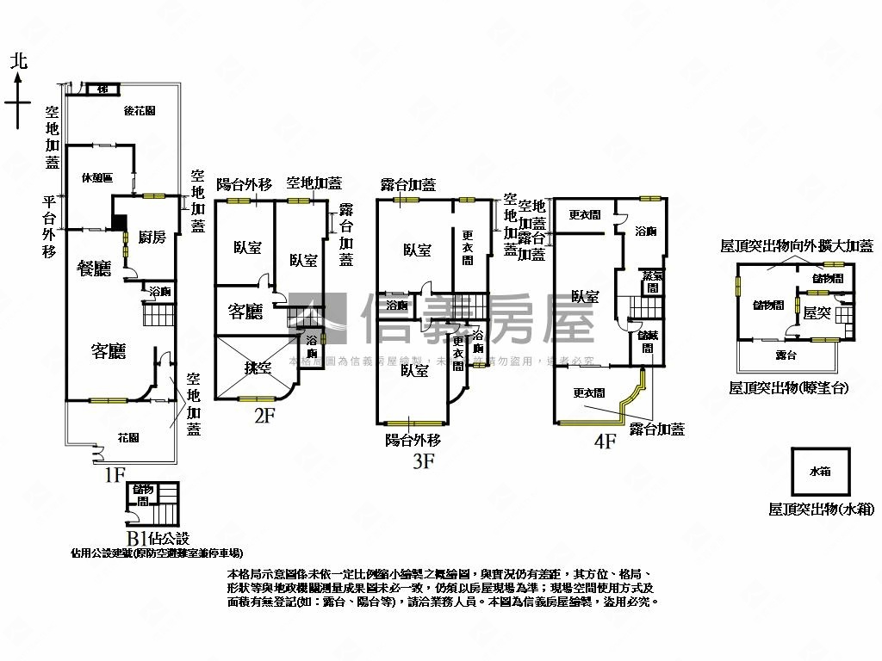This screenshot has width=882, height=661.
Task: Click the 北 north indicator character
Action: pos(18,61)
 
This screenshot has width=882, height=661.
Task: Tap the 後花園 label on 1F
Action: pos(139,111)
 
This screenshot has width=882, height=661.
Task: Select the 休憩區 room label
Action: pos(97,178)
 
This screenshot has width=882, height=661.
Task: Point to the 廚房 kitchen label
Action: pos(152,238)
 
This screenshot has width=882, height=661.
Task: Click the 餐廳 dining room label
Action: pos(95,269)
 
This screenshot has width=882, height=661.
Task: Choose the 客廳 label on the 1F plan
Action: pos(109,350)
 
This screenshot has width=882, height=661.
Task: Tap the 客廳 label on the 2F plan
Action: pos(245,312)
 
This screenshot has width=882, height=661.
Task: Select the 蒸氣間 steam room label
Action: pos(652,281)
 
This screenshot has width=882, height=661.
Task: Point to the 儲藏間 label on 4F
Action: pos(646,343)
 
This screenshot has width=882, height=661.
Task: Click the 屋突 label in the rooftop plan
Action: pos(816,314)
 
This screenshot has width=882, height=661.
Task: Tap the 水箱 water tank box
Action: pos(820,473)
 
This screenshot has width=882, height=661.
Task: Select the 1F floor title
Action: pos(115,473)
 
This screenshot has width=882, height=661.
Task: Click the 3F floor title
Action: pos(422,462)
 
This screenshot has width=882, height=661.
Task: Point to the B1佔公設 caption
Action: pos(157,539)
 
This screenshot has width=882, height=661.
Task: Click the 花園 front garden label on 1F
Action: pos(128,438)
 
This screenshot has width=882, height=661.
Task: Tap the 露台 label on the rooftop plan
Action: pos(785,355)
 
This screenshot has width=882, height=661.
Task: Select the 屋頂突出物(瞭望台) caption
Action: pos(788,388)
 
